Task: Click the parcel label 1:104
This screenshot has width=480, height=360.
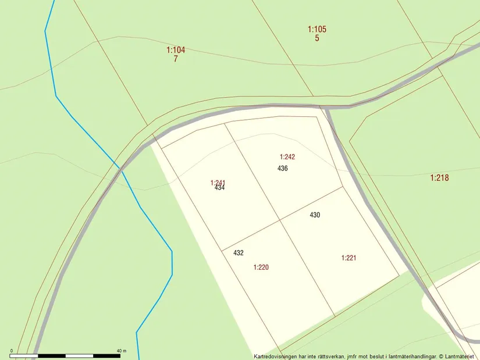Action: (176, 50)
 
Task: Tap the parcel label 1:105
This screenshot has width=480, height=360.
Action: (317, 29)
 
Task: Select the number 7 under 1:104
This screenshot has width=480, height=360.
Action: (175, 59)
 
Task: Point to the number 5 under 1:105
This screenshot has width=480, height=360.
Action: (317, 38)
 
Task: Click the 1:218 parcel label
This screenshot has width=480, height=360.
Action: (439, 178)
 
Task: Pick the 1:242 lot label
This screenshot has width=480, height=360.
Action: (287, 156)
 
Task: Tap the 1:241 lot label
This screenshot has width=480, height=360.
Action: (218, 183)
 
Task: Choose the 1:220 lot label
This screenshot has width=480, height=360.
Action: (261, 268)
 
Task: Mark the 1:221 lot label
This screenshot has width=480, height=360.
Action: (349, 258)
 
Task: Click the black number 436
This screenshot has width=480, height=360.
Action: (283, 169)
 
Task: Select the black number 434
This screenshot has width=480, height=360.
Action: (219, 188)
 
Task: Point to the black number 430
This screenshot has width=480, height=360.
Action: (315, 215)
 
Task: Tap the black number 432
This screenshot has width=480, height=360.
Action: (239, 253)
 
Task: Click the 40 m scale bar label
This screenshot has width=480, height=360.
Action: (121, 350)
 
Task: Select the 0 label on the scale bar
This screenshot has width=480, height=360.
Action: (11, 350)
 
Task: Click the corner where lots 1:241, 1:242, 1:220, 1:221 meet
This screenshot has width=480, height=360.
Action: (280, 219)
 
